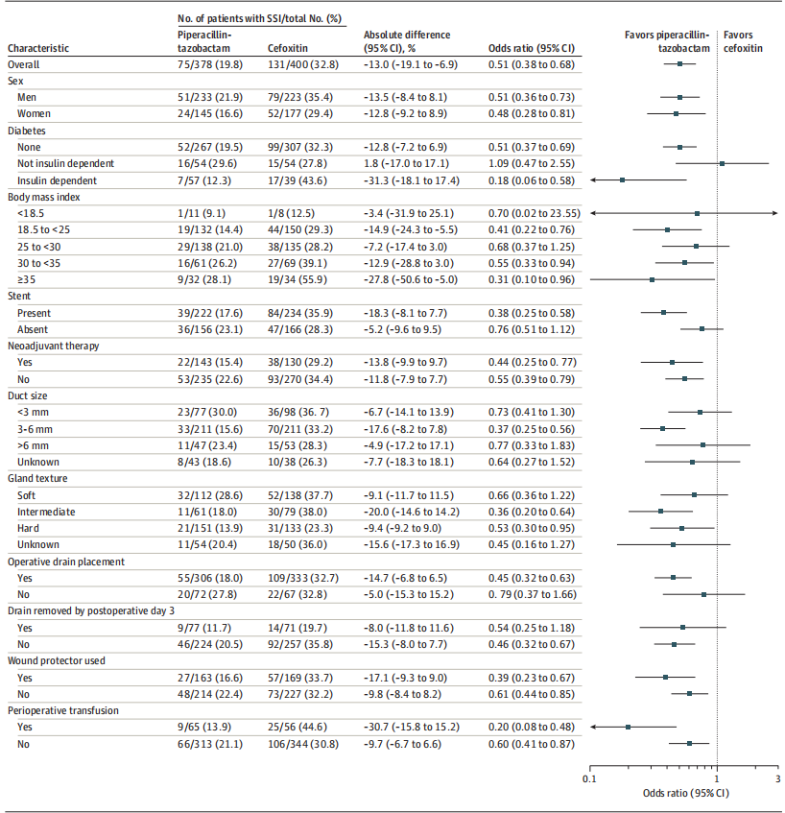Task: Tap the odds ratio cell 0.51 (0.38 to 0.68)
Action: [529, 64]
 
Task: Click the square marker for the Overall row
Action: [679, 64]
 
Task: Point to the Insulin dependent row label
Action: [57, 179]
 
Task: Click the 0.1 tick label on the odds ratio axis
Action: [589, 779]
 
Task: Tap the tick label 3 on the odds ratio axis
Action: [777, 779]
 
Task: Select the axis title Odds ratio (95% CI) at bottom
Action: [685, 794]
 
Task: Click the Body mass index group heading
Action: [43, 196]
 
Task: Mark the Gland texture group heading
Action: [36, 478]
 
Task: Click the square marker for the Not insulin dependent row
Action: [722, 163]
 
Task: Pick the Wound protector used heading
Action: [56, 660]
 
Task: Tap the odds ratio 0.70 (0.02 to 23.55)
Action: [528, 212]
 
